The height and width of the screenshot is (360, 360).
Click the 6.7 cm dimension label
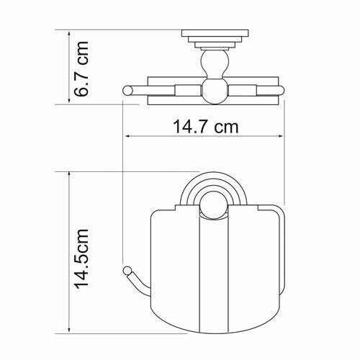pyautogui.click(x=84, y=68)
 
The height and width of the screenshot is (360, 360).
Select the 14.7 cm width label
pyautogui.click(x=206, y=127)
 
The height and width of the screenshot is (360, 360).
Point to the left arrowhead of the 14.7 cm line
pyautogui.click(x=127, y=137)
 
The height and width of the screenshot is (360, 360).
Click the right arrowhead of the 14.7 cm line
pyautogui.click(x=284, y=137)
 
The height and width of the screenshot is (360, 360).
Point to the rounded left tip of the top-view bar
pyautogui.click(x=128, y=90)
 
